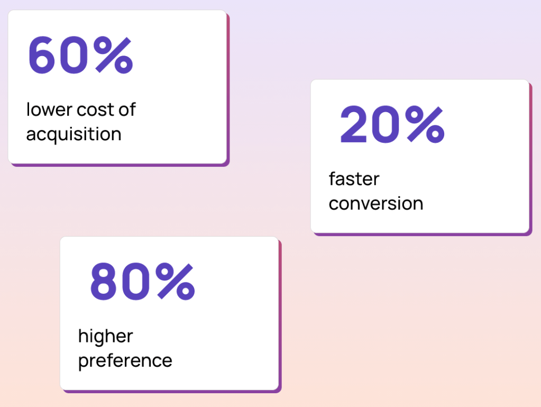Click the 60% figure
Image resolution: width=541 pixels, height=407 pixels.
pos(81,55)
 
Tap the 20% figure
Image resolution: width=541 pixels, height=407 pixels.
pos(392,124)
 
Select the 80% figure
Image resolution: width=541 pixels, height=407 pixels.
pos(143,281)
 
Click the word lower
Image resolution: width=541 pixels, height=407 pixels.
pos(49,110)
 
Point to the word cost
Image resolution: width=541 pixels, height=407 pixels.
pos(95,110)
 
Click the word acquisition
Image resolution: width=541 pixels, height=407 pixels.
pos(74,134)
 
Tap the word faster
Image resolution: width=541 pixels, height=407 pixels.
pos(354,179)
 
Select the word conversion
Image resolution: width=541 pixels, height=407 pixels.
pos(376,203)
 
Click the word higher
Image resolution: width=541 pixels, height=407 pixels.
pos(106,336)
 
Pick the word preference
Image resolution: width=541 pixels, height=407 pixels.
pos(125,361)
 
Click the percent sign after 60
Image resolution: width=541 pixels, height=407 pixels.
pos(114,55)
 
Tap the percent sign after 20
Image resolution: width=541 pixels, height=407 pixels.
pos(425,124)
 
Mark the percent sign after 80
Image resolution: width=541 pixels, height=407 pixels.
pos(176,281)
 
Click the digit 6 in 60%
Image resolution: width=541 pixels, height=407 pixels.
pos(42,55)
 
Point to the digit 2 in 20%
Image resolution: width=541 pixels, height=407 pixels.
pos(353,124)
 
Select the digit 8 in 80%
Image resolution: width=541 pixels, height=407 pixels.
pos(104,281)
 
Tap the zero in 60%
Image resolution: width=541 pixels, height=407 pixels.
pos(74,55)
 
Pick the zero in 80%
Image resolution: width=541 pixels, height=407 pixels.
pos(135,281)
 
